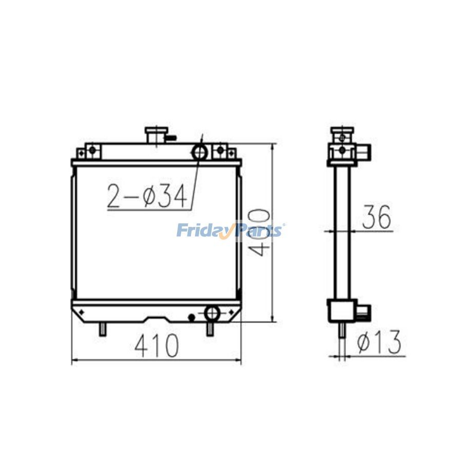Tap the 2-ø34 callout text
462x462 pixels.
[146, 197]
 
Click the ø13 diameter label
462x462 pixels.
[379, 342]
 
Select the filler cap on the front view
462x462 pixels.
[154, 135]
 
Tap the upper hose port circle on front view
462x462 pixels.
[199, 151]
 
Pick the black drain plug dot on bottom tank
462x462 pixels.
[191, 318]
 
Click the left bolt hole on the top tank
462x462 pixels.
[92, 150]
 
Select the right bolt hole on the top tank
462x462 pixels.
[220, 150]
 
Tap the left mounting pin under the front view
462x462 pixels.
[103, 329]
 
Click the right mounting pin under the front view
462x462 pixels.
[210, 329]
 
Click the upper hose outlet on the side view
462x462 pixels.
[364, 151]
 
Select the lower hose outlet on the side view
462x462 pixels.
[363, 311]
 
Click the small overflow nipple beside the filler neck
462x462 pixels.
[172, 137]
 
